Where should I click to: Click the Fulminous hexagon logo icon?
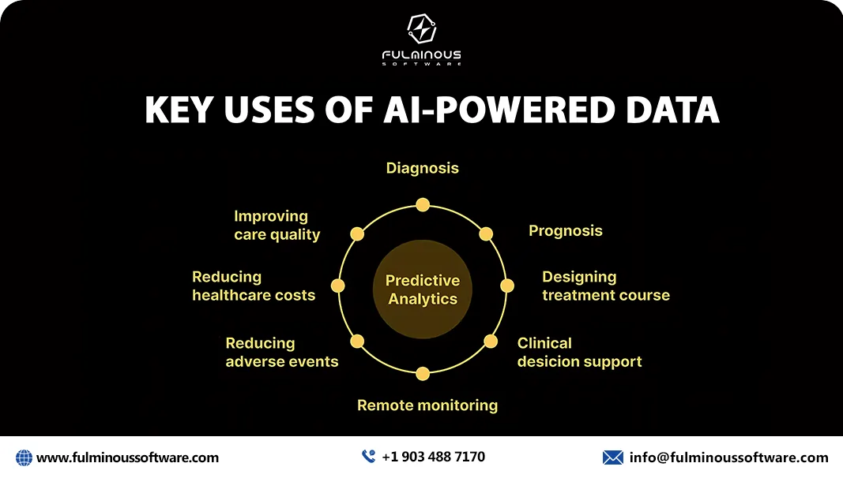(x=422, y=28)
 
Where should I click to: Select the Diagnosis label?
(x=423, y=169)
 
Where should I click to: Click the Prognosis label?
(x=566, y=230)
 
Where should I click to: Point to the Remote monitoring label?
(x=427, y=405)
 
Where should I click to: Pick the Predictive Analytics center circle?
(x=423, y=289)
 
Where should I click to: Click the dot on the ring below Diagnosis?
(x=423, y=205)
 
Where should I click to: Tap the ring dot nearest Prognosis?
(x=485, y=234)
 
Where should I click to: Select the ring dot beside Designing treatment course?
(x=507, y=286)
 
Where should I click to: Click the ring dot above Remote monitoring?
(x=423, y=373)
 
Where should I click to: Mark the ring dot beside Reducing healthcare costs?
(x=337, y=286)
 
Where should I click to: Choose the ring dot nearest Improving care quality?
(x=357, y=234)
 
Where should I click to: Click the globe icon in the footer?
(x=24, y=457)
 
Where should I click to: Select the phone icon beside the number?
(x=368, y=456)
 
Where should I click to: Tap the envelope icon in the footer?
(x=612, y=457)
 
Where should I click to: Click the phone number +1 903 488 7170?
(x=433, y=457)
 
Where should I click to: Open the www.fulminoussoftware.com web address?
(x=127, y=457)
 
